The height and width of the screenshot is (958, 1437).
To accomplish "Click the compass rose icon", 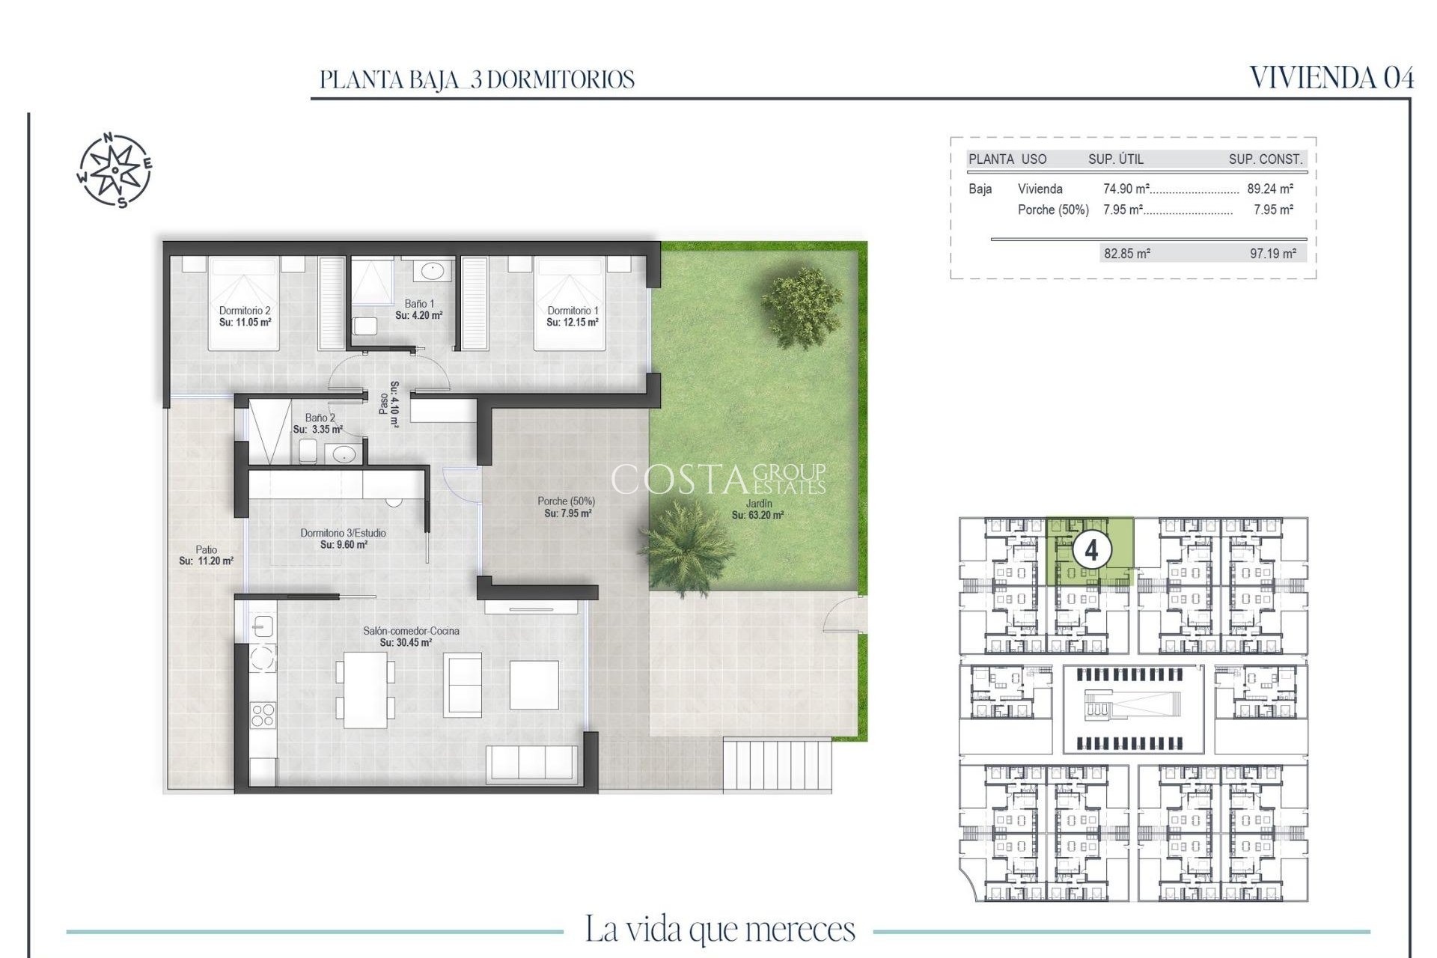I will pos(115,171).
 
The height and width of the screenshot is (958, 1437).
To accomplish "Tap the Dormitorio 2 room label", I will pos(245,316).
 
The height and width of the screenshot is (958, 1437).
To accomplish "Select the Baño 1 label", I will pos(419,309).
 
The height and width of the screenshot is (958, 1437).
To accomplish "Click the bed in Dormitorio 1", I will pos(569,303).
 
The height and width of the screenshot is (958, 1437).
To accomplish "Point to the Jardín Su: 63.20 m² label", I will pos(757,509).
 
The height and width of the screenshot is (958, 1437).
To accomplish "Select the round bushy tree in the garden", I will pos(802,305).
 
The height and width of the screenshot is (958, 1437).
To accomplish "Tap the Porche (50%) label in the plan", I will pos(567,507).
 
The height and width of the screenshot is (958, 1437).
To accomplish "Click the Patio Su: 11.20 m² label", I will pos(206,555).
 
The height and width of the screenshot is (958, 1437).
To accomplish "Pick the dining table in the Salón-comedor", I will pos(365,689).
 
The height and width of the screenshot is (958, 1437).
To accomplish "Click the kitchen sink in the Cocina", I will pos(263,625).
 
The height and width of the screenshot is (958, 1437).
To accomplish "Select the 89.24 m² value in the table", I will pos(1270,189).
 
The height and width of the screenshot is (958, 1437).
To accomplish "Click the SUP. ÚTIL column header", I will pos(1115,159).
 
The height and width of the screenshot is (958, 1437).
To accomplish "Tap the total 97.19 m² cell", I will pos(1272,254).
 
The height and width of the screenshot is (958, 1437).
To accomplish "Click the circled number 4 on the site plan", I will pos(1091,551).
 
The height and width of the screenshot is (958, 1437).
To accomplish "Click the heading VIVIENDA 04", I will pos(1331,78).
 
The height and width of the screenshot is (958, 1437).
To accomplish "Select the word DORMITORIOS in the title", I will pos(560,80).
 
